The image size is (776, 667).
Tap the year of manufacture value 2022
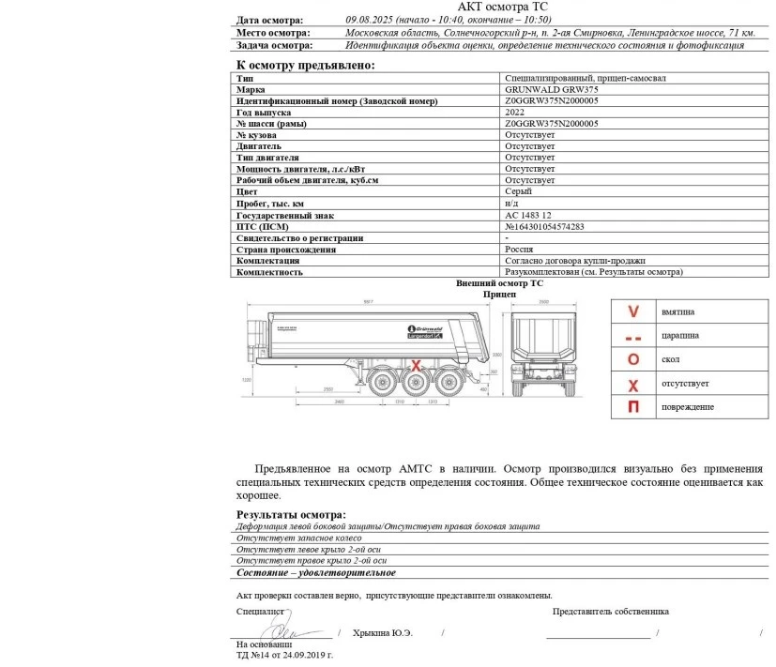[x=515, y=113]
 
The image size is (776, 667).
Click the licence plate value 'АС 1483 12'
[x=527, y=215]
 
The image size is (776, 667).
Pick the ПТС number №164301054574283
[x=544, y=226]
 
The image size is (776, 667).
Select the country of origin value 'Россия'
[x=520, y=250]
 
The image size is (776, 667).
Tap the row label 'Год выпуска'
[x=264, y=113]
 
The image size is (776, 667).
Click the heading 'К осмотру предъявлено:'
[x=305, y=65]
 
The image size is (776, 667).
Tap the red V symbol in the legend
[x=633, y=311]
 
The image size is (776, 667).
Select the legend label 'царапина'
[x=679, y=336]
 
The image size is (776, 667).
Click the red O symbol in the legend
[x=633, y=359]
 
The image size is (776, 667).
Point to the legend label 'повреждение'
[x=688, y=407]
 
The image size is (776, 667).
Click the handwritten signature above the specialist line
[x=286, y=627]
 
